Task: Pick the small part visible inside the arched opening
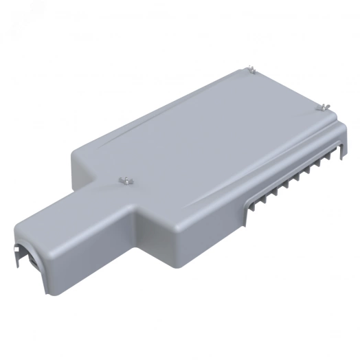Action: (32, 261)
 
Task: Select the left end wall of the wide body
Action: (76, 175)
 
